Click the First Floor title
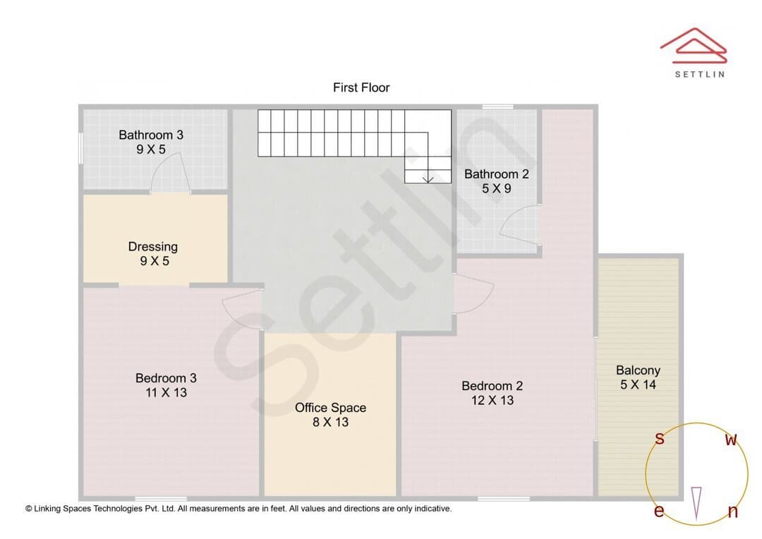361,87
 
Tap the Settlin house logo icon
694,46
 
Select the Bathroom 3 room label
151,135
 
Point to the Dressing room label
153,247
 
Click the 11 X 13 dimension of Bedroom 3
167,393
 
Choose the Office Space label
330,408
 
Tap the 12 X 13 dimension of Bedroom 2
492,401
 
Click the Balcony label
638,370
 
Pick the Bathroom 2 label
497,174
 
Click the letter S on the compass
660,439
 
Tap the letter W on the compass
731,440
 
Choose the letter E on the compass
659,511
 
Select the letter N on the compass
733,511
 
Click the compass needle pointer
696,504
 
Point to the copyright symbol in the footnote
29,509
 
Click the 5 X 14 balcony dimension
638,385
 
